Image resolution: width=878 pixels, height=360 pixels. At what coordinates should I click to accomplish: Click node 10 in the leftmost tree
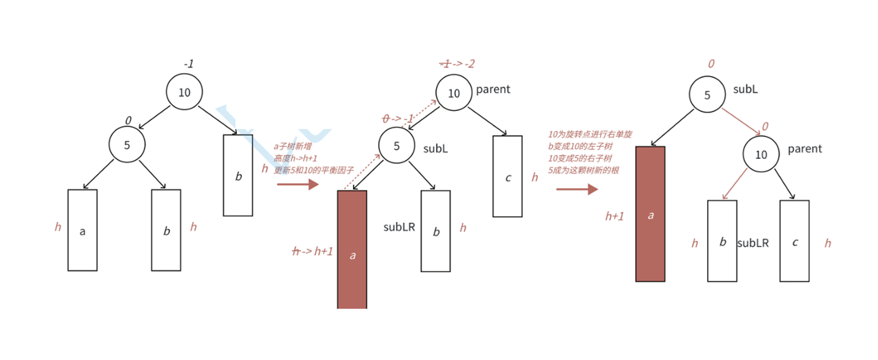click(184, 92)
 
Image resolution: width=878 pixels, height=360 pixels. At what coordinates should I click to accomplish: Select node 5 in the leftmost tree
click(127, 145)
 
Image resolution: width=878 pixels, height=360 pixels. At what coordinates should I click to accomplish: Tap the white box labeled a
click(83, 230)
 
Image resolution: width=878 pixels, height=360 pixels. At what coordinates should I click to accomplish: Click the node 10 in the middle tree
click(454, 93)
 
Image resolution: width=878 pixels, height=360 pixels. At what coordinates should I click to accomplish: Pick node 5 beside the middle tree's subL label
click(396, 146)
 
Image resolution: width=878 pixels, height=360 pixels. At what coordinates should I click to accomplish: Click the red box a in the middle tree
click(352, 249)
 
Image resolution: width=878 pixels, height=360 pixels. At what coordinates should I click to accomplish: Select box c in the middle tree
click(508, 176)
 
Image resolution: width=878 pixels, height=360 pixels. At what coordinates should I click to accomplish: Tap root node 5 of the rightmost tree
click(707, 95)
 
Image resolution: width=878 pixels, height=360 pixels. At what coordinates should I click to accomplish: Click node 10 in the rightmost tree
click(761, 154)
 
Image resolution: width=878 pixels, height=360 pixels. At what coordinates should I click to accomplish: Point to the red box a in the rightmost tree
click(650, 214)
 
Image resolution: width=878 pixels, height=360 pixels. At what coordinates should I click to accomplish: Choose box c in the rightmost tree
click(794, 241)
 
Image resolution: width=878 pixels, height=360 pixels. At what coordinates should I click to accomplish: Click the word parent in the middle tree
click(493, 89)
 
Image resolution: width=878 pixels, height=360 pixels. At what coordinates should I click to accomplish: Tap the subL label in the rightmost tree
click(745, 89)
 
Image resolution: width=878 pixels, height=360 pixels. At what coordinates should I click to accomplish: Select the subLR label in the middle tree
click(399, 227)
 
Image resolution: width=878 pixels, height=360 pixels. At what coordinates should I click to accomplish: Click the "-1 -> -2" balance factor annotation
click(457, 64)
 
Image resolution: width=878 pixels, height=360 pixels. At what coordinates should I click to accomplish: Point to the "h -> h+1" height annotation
click(312, 251)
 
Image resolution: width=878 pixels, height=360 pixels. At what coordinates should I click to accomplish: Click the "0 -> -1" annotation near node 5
click(397, 119)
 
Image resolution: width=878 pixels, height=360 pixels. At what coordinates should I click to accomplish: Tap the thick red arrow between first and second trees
click(297, 184)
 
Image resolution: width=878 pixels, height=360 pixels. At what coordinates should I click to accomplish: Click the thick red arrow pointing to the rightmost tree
click(577, 189)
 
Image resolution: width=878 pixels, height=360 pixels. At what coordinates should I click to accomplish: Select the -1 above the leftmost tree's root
click(188, 64)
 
